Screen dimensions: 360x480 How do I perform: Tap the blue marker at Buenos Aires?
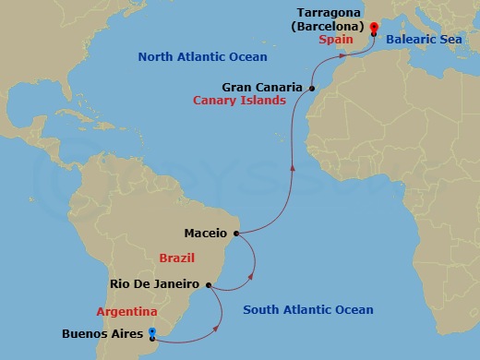[151, 333]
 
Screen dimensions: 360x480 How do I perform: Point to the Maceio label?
[204, 234]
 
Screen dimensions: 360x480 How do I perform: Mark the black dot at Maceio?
[236, 234]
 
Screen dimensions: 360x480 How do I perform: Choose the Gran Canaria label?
[262, 88]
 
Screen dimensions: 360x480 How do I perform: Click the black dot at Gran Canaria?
[312, 89]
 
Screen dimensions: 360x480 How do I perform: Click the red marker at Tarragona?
[373, 28]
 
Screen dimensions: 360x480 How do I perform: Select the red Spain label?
[338, 40]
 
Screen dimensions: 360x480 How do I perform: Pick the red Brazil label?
[176, 258]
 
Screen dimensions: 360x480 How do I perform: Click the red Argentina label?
[126, 311]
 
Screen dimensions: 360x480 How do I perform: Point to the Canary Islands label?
[239, 101]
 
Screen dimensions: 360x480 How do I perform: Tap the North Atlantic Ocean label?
[202, 57]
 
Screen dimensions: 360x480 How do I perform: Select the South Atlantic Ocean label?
[307, 310]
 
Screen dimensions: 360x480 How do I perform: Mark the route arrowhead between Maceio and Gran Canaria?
[293, 167]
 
